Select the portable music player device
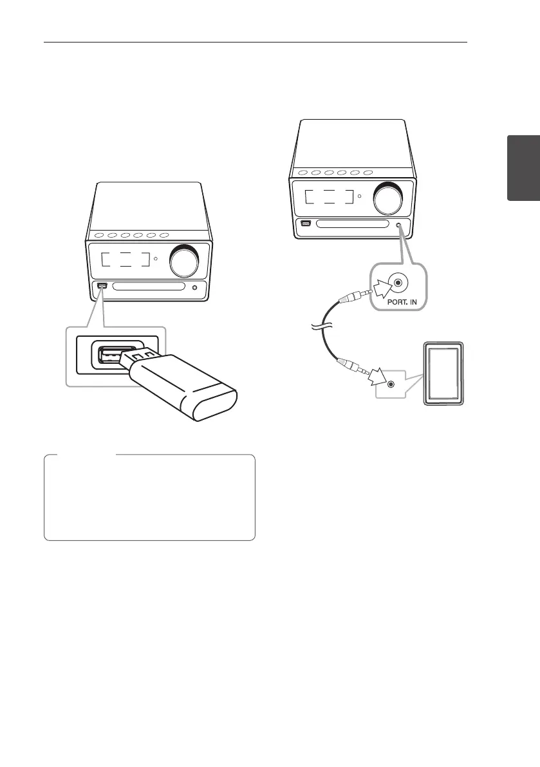point(443,374)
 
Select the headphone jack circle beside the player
point(390,384)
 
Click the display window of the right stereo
point(330,196)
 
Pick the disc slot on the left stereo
point(149,287)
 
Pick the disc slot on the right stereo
point(355,225)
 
